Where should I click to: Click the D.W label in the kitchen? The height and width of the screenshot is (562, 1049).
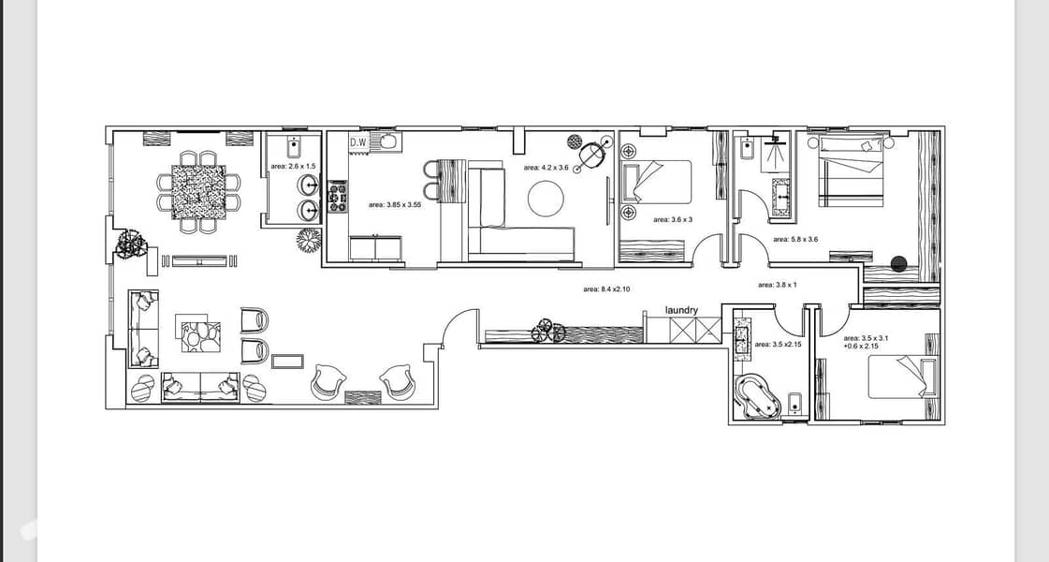click(x=358, y=142)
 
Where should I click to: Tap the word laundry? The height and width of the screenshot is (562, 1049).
click(x=682, y=310)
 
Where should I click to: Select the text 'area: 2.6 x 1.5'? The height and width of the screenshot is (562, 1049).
click(x=293, y=166)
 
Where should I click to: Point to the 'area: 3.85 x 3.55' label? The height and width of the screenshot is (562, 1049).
click(x=395, y=205)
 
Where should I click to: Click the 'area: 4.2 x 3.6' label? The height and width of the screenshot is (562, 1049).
click(x=546, y=168)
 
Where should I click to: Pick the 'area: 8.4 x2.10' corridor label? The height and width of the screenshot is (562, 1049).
click(x=606, y=289)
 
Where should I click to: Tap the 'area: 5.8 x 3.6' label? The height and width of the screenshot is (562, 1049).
click(x=795, y=239)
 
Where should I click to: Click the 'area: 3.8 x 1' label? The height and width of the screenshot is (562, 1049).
click(x=778, y=285)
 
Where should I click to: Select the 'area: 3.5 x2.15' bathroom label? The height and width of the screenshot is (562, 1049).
click(x=778, y=345)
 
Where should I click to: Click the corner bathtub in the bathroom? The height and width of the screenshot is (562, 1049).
click(x=759, y=396)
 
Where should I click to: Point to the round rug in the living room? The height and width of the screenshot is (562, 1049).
click(x=546, y=199)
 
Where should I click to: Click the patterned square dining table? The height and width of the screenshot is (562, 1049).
click(x=198, y=192)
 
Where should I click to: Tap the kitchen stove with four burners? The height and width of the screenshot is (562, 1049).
click(x=338, y=199)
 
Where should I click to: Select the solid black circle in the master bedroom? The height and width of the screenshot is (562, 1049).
click(x=899, y=264)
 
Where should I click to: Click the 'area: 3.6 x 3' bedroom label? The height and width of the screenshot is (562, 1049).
click(x=673, y=220)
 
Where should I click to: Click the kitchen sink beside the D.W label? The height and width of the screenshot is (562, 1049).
click(x=387, y=142)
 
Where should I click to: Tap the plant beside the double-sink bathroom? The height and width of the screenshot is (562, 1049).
click(x=309, y=240)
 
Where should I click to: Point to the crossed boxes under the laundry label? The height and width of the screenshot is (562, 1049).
click(x=695, y=331)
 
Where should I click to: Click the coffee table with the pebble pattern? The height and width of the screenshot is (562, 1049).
click(x=200, y=337)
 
